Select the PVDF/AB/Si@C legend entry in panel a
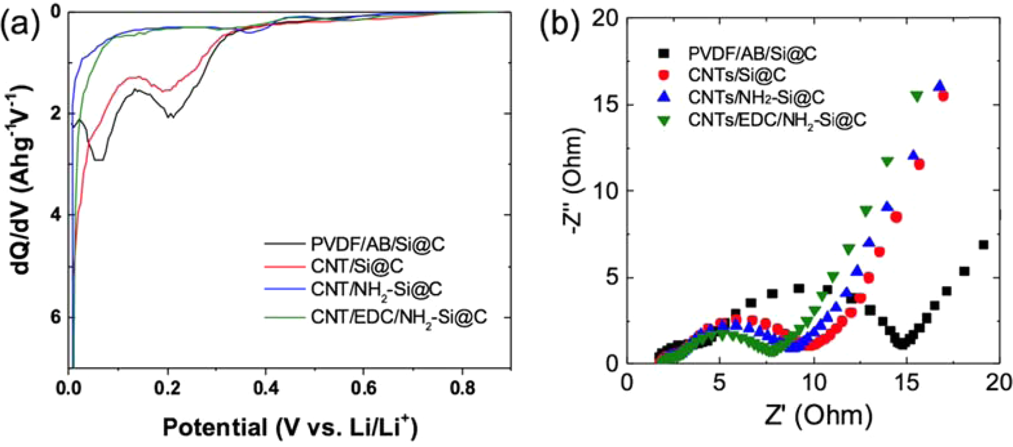coord(377,244)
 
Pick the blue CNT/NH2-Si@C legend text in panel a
coord(376,289)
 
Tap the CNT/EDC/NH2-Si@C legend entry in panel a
coord(398,317)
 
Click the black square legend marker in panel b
coord(665,53)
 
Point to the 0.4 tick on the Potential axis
coord(265,387)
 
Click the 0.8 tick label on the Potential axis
coord(463,387)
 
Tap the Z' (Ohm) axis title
coord(813,414)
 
